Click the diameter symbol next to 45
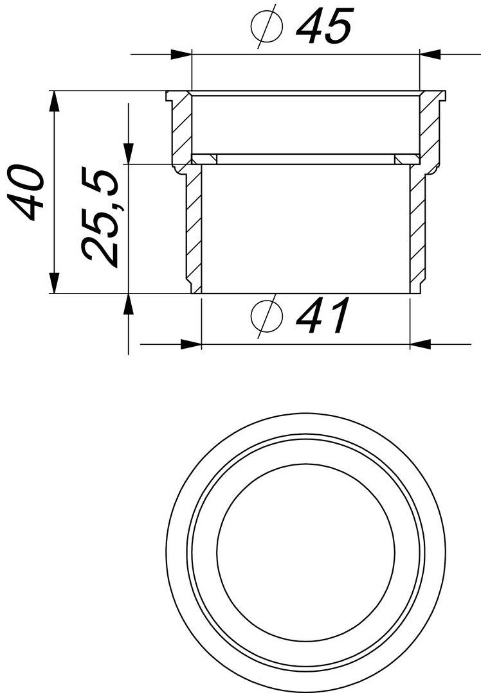pos(266,27)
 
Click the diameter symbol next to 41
pos(266,316)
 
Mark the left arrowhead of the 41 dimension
pos(191,344)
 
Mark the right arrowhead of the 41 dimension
pos(421,344)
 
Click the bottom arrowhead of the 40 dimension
pos(55,283)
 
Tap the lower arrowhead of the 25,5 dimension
pos(129,304)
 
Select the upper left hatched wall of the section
pos(182,128)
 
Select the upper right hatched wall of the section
pos(429,128)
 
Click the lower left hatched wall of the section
pos(194,225)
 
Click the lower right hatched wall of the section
pos(417,225)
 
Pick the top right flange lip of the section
pos(440,96)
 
